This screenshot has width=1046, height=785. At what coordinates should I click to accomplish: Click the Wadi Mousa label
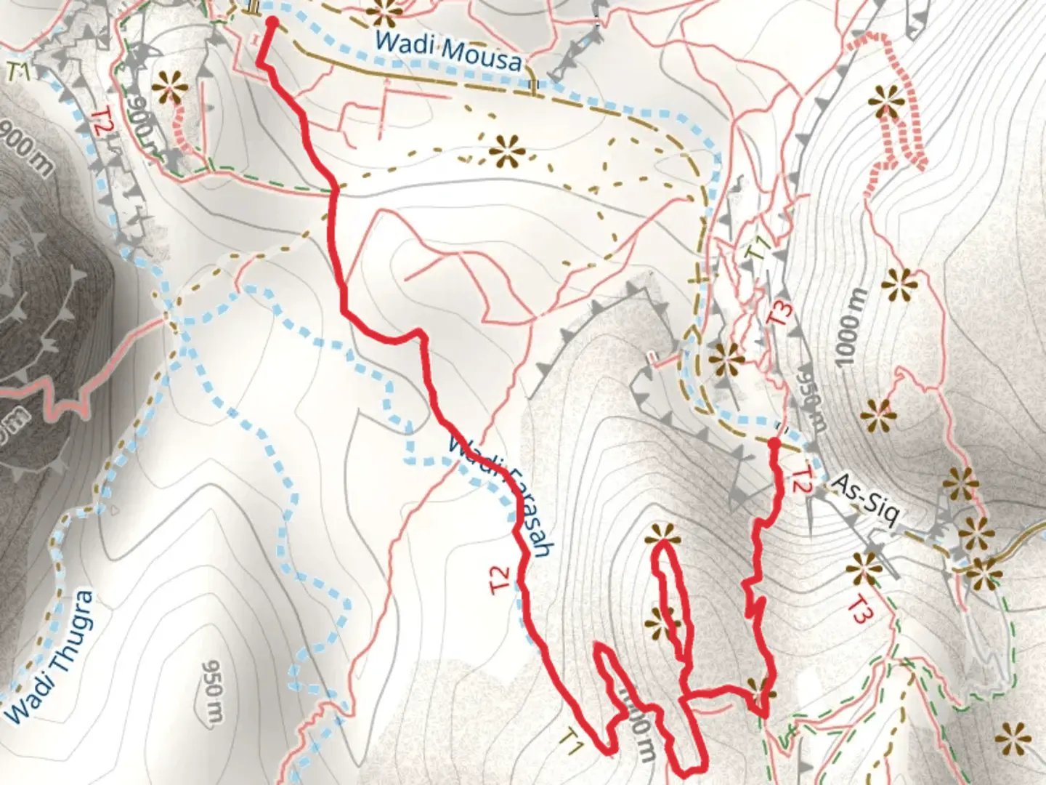[x=448, y=51]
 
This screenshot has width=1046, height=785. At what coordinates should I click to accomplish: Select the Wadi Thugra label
[x=51, y=656]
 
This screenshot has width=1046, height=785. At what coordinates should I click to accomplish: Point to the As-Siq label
[x=864, y=499]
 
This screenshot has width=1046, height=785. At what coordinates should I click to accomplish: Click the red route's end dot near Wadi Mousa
[x=272, y=23]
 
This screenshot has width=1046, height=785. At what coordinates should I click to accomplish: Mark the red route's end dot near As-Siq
[x=774, y=443]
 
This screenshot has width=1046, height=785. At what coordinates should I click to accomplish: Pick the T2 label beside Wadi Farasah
[x=501, y=579]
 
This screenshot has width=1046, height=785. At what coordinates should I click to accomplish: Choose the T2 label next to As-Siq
[x=800, y=480]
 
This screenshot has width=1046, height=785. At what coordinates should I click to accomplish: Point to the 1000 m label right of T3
[x=851, y=328]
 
